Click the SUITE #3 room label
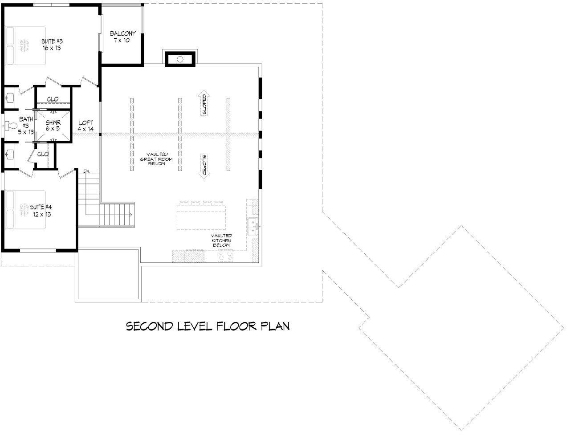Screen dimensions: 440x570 pos(51,44)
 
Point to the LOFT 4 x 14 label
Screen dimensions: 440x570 pos(85,126)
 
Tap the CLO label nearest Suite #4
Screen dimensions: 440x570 pos(43,154)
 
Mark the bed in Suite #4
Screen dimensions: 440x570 pos(26,210)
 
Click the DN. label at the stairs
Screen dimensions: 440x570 pos(86,171)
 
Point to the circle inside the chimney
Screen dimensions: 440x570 pos(180,59)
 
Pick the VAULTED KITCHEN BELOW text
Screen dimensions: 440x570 pos(221,240)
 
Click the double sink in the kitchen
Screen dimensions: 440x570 pos(252,226)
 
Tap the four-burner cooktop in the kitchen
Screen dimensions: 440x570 pos(224,256)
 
